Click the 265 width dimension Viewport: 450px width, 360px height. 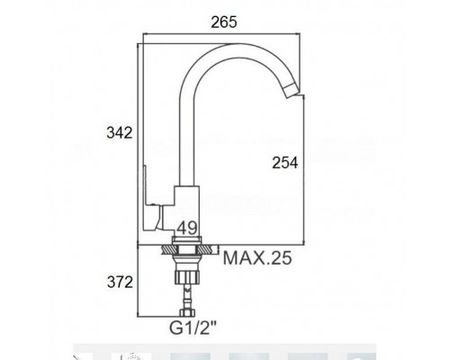tap(224, 22)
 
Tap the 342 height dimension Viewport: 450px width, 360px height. tap(120, 132)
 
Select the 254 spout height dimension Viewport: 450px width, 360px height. tap(285, 163)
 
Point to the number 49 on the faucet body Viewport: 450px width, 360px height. tap(186, 229)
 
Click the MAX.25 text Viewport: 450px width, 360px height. tap(257, 258)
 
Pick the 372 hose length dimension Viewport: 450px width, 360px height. tap(120, 282)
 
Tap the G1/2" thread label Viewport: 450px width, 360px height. tap(193, 328)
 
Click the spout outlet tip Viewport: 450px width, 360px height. tap(292, 92)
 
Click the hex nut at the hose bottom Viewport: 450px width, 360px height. tap(186, 313)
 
